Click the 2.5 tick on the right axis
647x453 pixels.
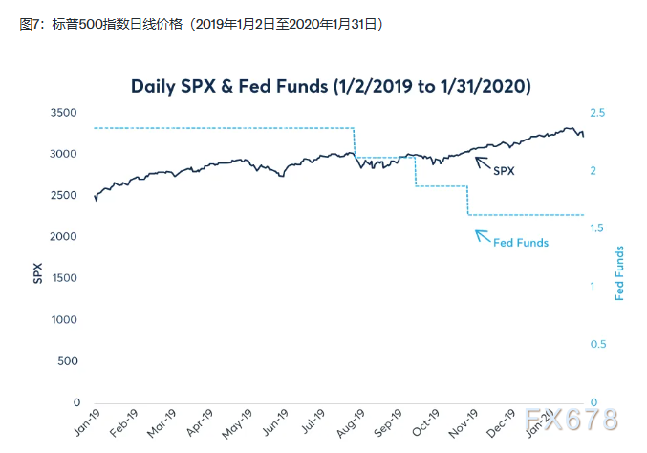point(598,113)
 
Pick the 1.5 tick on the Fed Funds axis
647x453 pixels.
point(598,228)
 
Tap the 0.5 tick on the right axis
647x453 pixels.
point(598,344)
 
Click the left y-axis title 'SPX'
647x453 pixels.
point(37,272)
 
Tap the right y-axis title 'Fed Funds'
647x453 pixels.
point(619,273)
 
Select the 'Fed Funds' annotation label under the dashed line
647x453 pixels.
point(521,243)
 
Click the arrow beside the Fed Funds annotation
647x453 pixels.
point(483,235)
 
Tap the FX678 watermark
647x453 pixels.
point(571,419)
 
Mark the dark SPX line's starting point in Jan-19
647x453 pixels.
point(95,196)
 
